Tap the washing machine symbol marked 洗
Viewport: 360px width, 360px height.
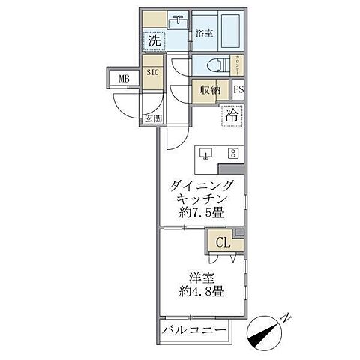click(153, 40)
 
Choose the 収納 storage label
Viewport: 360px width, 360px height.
click(210, 90)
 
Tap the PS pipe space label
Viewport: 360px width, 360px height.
click(238, 89)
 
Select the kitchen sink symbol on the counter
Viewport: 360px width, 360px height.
click(208, 154)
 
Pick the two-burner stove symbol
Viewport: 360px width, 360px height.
click(232, 154)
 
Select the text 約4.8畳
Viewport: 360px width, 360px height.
click(200, 291)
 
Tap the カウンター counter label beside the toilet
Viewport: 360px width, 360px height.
click(238, 64)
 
